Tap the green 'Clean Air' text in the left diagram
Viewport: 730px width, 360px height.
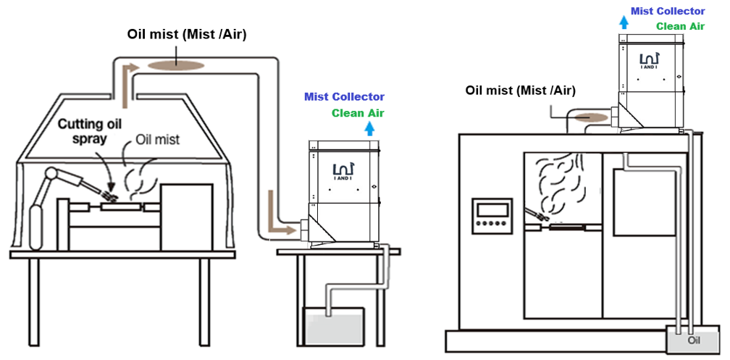click(358, 113)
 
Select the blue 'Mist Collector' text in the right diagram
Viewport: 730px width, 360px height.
click(668, 11)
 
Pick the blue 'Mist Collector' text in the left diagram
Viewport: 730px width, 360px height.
click(344, 97)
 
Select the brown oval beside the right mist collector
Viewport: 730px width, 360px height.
click(590, 117)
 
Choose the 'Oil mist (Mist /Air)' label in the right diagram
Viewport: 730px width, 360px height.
click(520, 91)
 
